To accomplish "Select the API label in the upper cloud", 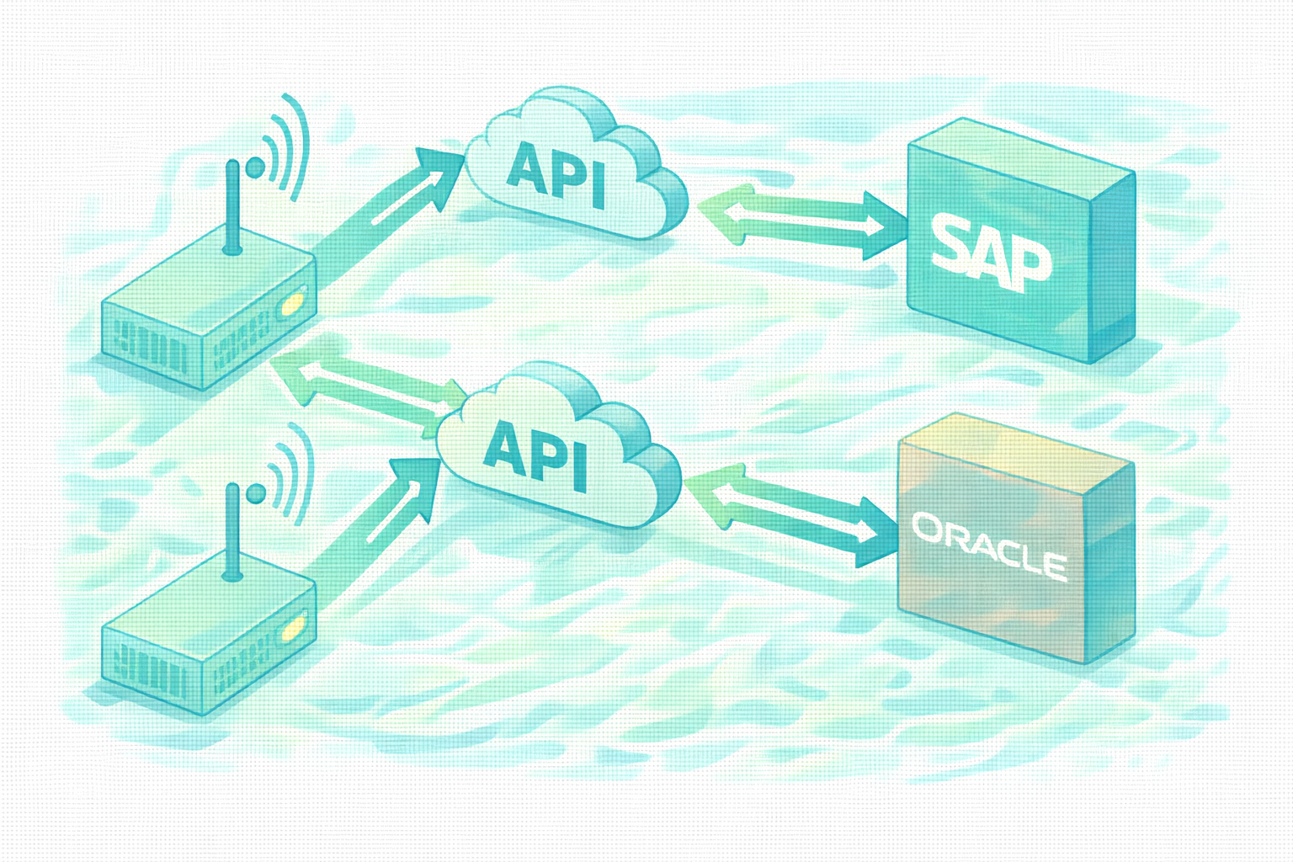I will pyautogui.click(x=557, y=173).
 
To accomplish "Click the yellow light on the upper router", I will pyautogui.click(x=295, y=301).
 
